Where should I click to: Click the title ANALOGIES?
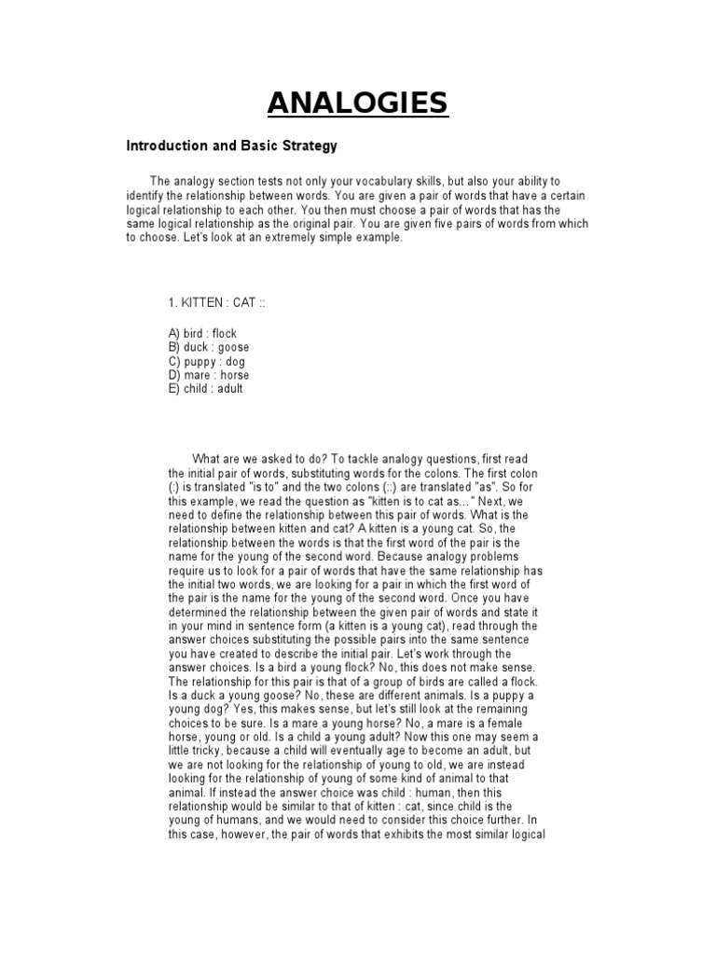pos(358,102)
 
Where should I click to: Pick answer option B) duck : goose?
pos(209,347)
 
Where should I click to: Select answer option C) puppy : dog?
pos(207,361)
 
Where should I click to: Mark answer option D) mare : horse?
pos(209,375)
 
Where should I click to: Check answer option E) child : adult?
pos(205,389)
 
